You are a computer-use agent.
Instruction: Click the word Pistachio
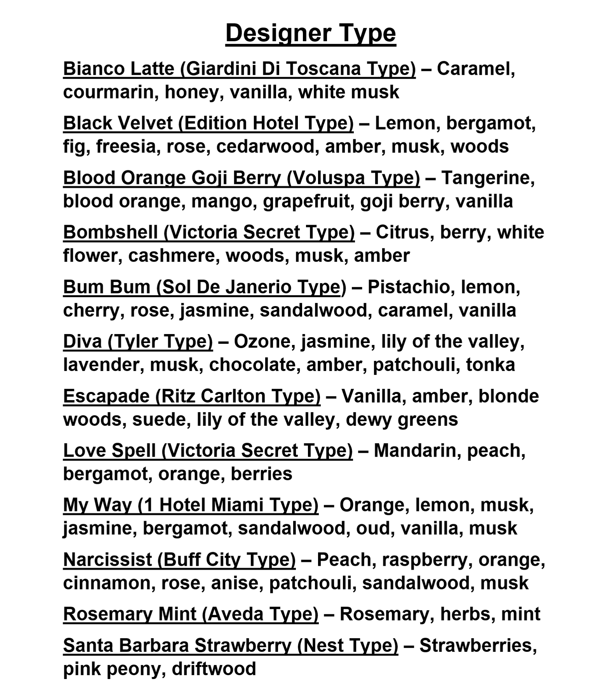click(x=411, y=287)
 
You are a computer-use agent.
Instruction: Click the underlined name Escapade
click(x=106, y=396)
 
